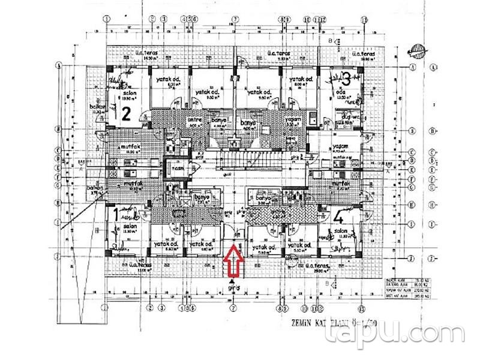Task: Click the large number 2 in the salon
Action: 126,114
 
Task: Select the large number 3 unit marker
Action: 346,78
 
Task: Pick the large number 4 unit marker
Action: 339,216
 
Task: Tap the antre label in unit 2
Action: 194,119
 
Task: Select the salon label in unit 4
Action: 341,232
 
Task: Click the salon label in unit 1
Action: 130,226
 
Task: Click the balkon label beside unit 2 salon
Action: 97,107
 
